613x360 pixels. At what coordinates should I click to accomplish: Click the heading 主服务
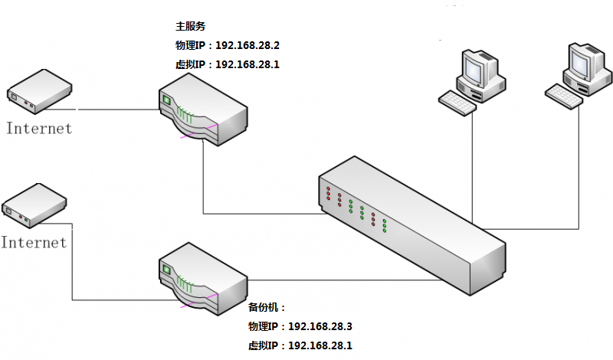191,26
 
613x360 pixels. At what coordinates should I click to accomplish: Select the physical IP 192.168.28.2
247,45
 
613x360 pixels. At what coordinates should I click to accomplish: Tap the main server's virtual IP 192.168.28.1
247,64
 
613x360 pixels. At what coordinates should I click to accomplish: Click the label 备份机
266,307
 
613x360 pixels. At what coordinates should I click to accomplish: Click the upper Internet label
39,128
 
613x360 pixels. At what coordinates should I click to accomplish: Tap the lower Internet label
34,243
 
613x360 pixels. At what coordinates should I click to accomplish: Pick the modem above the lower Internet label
34,205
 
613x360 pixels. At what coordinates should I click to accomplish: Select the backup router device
204,277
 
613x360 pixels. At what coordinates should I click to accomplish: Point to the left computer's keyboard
457,102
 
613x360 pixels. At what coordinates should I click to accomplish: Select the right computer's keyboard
564,96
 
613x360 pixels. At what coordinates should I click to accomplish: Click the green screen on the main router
166,99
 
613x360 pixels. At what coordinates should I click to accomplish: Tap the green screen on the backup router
166,268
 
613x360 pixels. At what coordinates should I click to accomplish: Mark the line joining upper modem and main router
115,109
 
